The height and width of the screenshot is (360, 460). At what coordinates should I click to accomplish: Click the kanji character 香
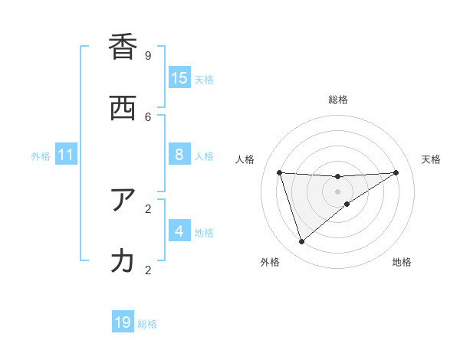pyautogui.click(x=123, y=47)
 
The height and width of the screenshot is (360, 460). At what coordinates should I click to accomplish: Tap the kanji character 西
pyautogui.click(x=123, y=108)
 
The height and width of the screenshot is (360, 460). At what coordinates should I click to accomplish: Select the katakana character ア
pyautogui.click(x=123, y=200)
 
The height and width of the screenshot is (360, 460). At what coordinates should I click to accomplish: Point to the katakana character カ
pyautogui.click(x=123, y=261)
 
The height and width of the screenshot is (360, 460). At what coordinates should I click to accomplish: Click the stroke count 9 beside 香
pyautogui.click(x=148, y=55)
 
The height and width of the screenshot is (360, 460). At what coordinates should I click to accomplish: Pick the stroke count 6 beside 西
pyautogui.click(x=148, y=116)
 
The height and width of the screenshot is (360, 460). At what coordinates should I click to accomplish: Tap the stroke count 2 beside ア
pyautogui.click(x=148, y=208)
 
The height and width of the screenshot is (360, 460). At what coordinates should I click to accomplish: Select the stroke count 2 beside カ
pyautogui.click(x=148, y=270)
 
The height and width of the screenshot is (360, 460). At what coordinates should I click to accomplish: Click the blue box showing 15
pyautogui.click(x=179, y=78)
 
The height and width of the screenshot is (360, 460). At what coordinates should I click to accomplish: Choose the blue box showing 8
pyautogui.click(x=179, y=155)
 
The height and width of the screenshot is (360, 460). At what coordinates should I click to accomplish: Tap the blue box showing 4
pyautogui.click(x=179, y=231)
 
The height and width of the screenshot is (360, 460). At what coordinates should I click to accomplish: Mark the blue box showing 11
pyautogui.click(x=66, y=155)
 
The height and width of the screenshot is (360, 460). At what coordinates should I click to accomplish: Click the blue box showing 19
pyautogui.click(x=123, y=322)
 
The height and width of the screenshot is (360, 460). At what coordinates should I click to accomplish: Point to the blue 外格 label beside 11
pyautogui.click(x=41, y=156)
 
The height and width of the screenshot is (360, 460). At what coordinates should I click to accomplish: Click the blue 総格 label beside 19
pyautogui.click(x=147, y=324)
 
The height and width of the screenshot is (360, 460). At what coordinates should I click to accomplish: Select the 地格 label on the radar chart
pyautogui.click(x=402, y=263)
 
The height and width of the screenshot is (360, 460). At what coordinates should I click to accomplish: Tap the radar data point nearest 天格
pyautogui.click(x=396, y=172)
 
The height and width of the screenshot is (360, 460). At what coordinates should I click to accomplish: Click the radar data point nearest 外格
pyautogui.click(x=301, y=242)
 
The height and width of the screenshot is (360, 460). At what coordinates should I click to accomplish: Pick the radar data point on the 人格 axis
pyautogui.click(x=280, y=172)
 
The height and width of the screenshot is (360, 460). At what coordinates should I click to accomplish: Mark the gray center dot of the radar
pyautogui.click(x=337, y=191)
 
